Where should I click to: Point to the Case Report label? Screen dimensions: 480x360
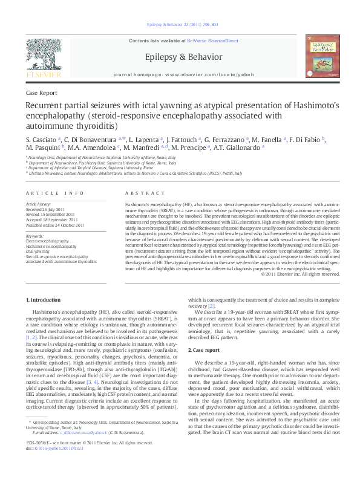[42, 93]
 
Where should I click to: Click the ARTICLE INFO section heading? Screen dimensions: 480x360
[54, 193]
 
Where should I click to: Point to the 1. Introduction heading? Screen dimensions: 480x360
[45, 300]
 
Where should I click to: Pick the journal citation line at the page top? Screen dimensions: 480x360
[179, 24]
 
